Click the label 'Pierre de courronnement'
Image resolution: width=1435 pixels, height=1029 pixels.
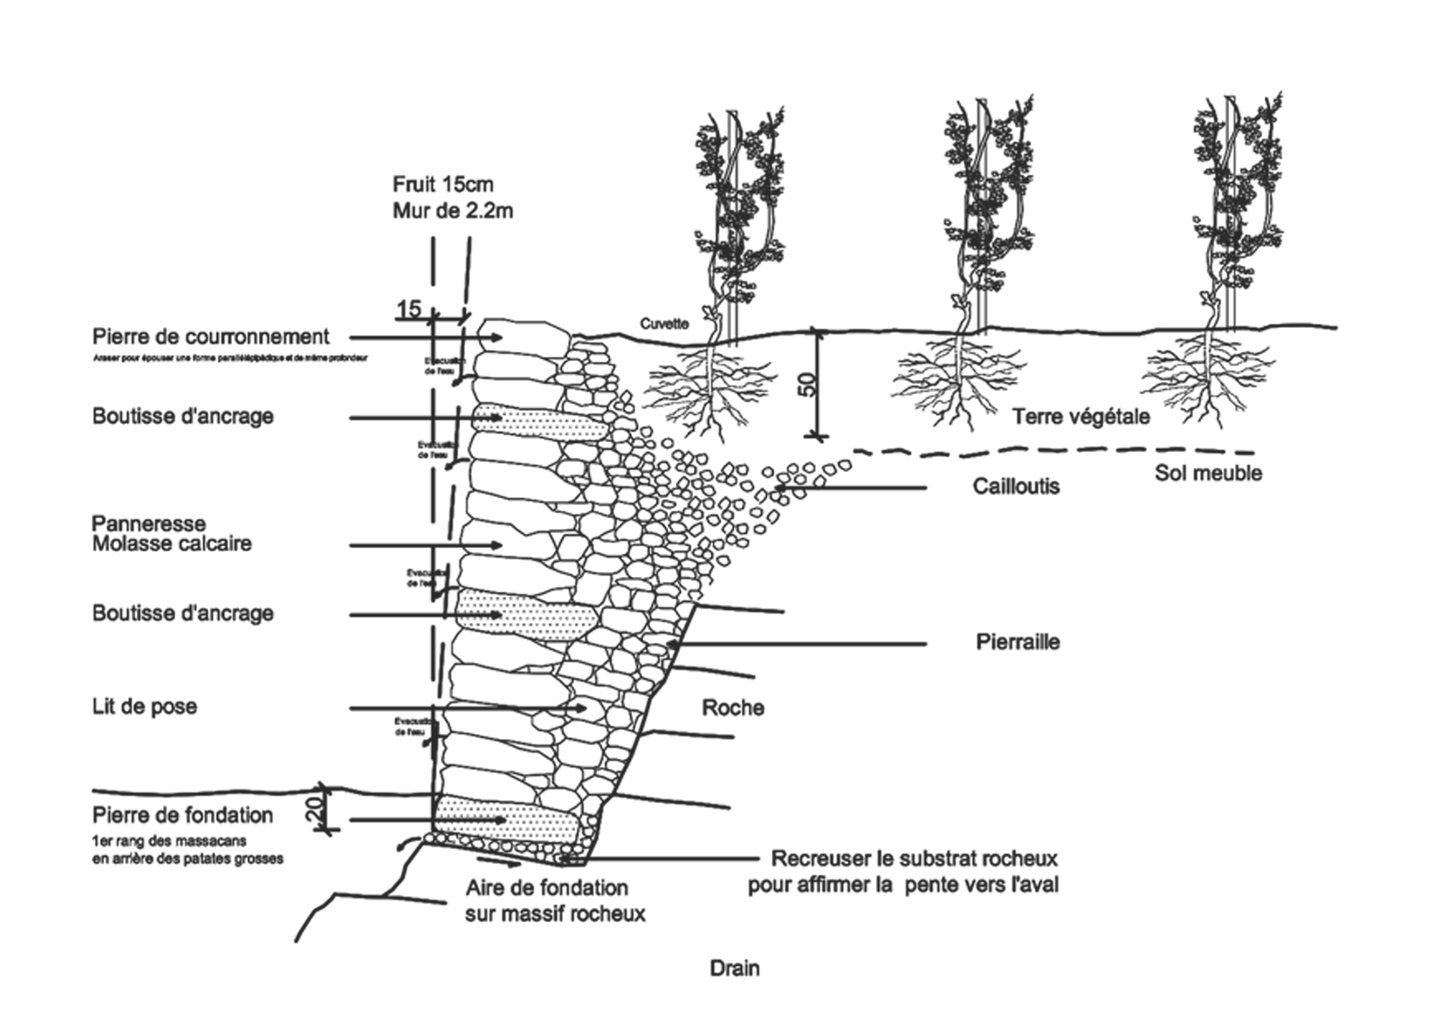tap(210, 337)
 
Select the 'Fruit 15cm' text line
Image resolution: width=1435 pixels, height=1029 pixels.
tap(443, 184)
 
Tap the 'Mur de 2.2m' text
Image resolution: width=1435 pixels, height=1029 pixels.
tap(452, 211)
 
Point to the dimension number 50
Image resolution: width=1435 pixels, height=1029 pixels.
tap(806, 385)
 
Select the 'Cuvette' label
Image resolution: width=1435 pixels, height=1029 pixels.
tap(664, 324)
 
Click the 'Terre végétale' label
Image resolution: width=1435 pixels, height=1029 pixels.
tap(1081, 416)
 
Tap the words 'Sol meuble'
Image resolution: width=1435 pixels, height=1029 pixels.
tap(1208, 473)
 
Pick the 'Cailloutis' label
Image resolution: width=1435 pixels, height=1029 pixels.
tap(1015, 487)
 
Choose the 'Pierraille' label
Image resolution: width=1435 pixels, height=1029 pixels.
tap(1017, 642)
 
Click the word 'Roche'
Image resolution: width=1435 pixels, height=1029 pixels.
tap(733, 708)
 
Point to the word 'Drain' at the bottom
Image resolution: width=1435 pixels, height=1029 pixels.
tap(734, 969)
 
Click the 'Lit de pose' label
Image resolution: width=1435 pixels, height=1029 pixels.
tap(144, 706)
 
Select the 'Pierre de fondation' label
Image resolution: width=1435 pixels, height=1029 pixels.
tap(182, 815)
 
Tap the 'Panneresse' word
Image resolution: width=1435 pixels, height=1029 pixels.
tap(149, 523)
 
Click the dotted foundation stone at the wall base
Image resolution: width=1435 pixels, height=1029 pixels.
tap(506, 820)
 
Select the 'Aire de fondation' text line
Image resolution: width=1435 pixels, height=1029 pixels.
tap(547, 888)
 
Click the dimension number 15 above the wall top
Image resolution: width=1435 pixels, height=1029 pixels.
tap(408, 309)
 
